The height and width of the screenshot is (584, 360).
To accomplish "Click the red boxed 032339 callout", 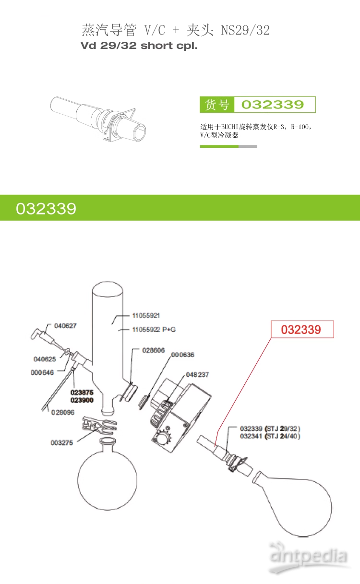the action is (x=302, y=329).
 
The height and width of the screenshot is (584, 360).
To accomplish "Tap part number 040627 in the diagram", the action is (x=65, y=326).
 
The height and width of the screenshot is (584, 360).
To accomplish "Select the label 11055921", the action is (x=146, y=315).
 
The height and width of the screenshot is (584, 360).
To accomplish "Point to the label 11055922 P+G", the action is (x=154, y=330).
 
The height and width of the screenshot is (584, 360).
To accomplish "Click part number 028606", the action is (x=154, y=350).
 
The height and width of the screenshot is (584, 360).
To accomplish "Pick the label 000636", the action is (x=182, y=355).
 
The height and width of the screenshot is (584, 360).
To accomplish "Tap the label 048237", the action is (x=197, y=375).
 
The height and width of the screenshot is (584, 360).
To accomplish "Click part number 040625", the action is (x=45, y=359).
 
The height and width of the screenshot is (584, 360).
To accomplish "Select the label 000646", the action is (x=42, y=372).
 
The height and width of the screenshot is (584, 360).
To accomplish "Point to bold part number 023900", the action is (x=82, y=400).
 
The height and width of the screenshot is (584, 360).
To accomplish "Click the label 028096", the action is (x=62, y=412).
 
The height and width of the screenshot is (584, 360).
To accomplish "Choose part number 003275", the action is (x=62, y=443).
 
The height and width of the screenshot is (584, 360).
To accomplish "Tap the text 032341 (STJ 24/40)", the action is (x=270, y=436).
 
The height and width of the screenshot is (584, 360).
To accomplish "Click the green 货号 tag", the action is (x=217, y=105).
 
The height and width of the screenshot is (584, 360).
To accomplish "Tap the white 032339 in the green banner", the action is (x=46, y=209).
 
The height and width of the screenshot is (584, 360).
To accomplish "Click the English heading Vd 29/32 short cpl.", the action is (x=139, y=46).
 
